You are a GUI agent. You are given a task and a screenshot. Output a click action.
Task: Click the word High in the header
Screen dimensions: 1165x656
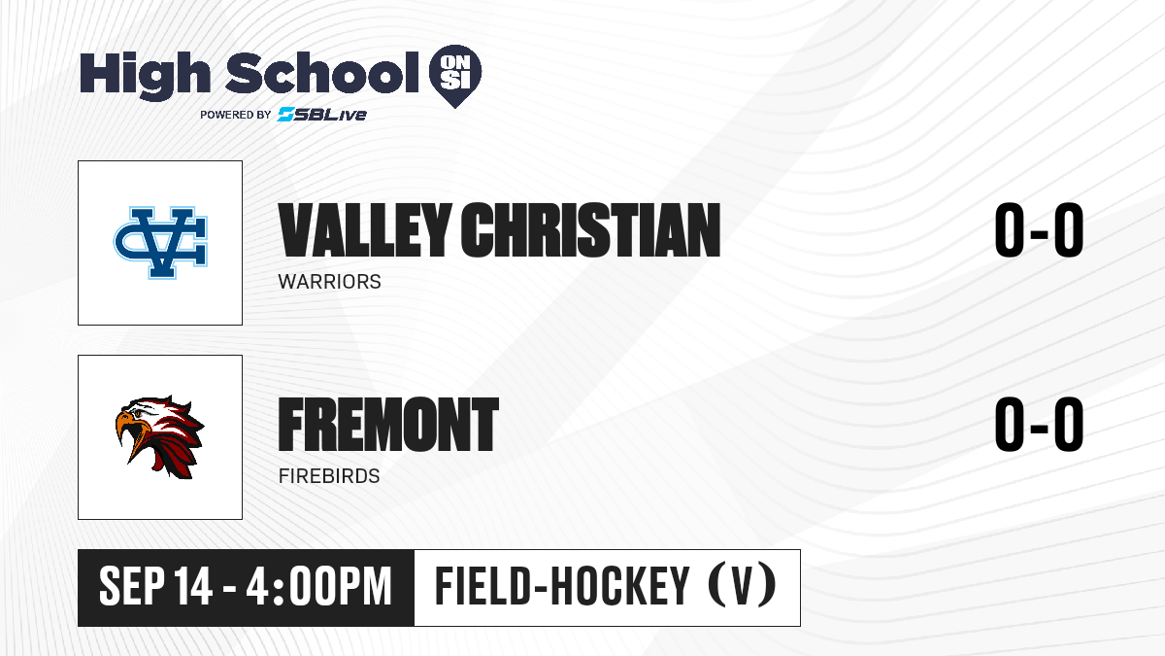[x=145, y=76]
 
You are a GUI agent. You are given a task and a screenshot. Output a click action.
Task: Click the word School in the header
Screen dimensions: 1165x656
[x=322, y=72]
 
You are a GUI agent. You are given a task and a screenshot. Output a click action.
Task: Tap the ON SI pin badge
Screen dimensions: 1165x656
[x=455, y=76]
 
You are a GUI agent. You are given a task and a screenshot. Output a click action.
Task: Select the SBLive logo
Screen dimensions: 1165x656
[x=322, y=115]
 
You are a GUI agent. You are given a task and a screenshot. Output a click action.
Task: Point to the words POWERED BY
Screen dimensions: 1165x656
[x=236, y=115]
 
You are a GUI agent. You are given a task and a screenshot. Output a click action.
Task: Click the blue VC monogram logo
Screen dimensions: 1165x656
[x=160, y=243]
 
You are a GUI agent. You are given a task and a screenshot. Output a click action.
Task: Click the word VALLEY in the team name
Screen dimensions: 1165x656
[x=365, y=230]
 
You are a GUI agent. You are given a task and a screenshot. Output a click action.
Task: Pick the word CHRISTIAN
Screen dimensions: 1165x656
[x=590, y=230]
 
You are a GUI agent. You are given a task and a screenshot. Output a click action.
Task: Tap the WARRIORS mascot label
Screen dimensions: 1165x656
[x=329, y=282]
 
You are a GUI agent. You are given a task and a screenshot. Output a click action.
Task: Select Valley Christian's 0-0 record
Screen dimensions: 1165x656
[x=1039, y=230]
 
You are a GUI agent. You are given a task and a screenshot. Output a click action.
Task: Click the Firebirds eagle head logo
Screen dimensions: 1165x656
[x=159, y=436]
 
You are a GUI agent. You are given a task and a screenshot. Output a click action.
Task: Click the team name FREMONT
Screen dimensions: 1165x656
[x=388, y=425]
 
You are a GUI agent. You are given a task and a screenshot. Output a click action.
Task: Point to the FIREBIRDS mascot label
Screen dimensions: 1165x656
[x=329, y=476]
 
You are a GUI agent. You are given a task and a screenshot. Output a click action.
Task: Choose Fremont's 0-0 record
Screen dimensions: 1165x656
[x=1039, y=425]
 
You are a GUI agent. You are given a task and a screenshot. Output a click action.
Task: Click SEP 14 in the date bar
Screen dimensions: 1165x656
[x=155, y=587]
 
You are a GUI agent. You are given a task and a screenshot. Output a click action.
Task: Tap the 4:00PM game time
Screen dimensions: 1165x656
[x=318, y=587]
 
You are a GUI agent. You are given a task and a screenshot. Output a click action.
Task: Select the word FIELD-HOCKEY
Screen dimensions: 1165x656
[x=562, y=587]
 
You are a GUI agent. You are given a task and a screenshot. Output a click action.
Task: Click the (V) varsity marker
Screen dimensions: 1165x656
[x=742, y=586]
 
